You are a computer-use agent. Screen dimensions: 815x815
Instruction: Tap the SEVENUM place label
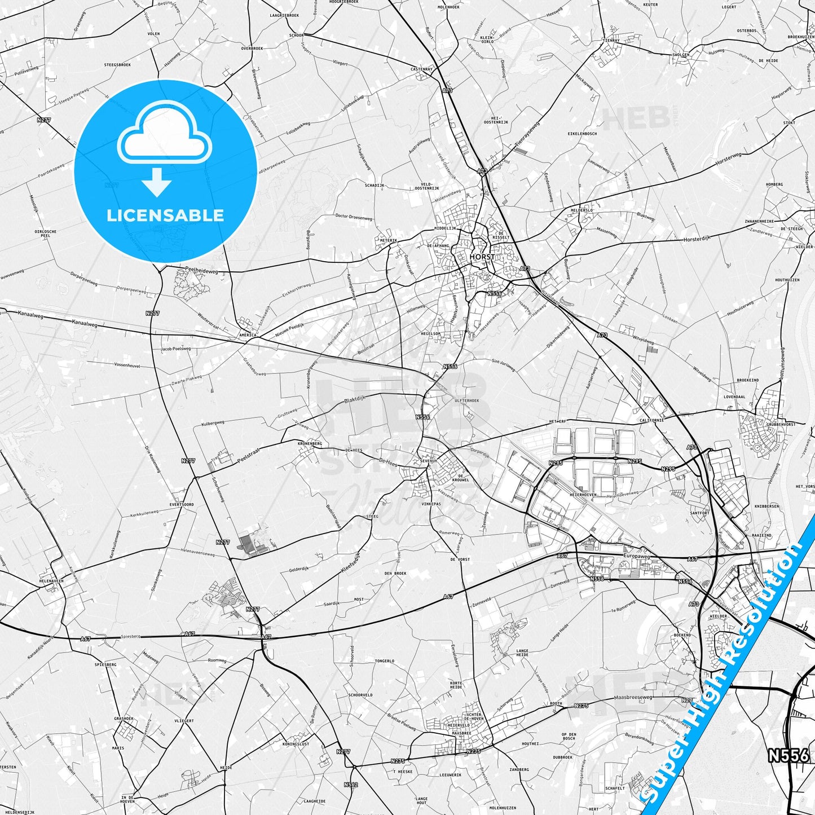click(428, 461)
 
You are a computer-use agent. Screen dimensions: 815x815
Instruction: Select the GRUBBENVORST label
click(781, 424)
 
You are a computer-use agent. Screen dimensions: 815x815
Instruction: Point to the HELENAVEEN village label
click(51, 580)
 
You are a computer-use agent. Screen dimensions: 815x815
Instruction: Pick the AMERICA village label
click(248, 335)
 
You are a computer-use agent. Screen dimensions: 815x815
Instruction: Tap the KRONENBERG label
click(310, 443)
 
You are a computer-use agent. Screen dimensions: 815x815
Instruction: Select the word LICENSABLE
click(165, 215)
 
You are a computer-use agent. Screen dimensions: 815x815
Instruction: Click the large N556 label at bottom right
click(788, 755)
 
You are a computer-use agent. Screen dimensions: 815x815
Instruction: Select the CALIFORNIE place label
click(651, 420)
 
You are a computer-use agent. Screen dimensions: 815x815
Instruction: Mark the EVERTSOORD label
click(181, 504)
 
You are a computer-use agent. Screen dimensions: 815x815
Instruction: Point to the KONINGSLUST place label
click(296, 744)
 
